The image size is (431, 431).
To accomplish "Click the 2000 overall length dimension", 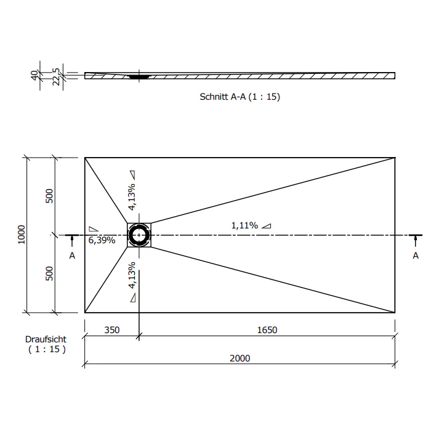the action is pyautogui.click(x=240, y=358).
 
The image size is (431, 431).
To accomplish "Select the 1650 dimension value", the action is pyautogui.click(x=267, y=330).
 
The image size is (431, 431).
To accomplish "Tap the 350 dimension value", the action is pyautogui.click(x=112, y=330).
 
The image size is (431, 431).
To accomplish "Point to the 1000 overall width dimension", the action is pyautogui.click(x=22, y=235).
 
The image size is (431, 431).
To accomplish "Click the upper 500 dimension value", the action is pyautogui.click(x=49, y=196).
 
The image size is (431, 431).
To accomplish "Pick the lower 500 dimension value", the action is pyautogui.click(x=49, y=273).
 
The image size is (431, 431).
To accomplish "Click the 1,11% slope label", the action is pyautogui.click(x=244, y=226).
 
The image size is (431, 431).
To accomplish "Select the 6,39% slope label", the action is pyautogui.click(x=102, y=240).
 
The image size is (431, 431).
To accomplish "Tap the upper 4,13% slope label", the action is pyautogui.click(x=132, y=196).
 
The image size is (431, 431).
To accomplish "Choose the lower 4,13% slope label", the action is pyautogui.click(x=132, y=275).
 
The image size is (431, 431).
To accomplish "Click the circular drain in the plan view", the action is pyautogui.click(x=139, y=235).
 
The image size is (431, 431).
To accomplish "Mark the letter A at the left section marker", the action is pyautogui.click(x=72, y=256).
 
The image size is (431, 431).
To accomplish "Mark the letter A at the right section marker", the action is pyautogui.click(x=416, y=256).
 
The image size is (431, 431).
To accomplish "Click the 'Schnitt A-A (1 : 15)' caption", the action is pyautogui.click(x=240, y=97).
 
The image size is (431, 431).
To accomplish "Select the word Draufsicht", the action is pyautogui.click(x=46, y=339).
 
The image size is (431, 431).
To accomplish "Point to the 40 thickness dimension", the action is pyautogui.click(x=34, y=75).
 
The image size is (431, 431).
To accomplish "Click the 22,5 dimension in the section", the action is pyautogui.click(x=56, y=77).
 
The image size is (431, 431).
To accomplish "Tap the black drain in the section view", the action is pyautogui.click(x=139, y=77).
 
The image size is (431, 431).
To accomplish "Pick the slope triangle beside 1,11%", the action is pyautogui.click(x=266, y=226).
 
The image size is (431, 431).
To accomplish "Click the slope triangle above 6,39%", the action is pyautogui.click(x=93, y=229).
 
